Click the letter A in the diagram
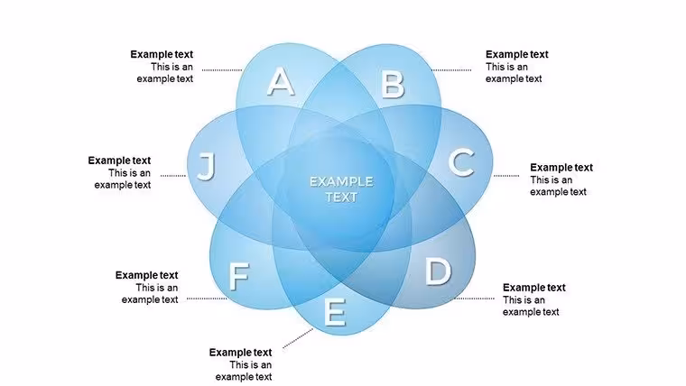[x=281, y=82]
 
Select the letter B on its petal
[x=393, y=85]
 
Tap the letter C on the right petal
[x=461, y=162]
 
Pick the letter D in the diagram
[x=438, y=271]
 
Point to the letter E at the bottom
[x=335, y=312]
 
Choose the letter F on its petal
[x=239, y=277]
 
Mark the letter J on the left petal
[x=207, y=167]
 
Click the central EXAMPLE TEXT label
[x=341, y=189]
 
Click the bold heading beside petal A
[x=162, y=55]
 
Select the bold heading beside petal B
[x=516, y=55]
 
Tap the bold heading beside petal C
[x=561, y=168]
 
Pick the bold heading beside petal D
[x=534, y=288]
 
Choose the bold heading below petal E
[x=240, y=353]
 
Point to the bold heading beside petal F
[x=146, y=275]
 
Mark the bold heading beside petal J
[x=119, y=161]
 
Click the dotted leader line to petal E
[x=298, y=339]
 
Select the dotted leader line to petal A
[x=222, y=70]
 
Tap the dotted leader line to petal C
[x=506, y=176]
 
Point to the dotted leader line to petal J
[x=172, y=176]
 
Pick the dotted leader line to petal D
[x=474, y=299]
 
